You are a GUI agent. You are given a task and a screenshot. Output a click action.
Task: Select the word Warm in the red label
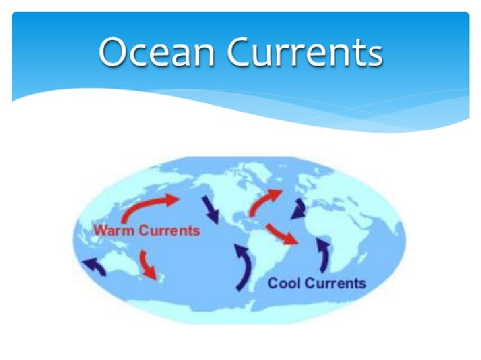click(112, 231)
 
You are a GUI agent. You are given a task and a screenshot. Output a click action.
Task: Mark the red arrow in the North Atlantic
click(265, 202)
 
